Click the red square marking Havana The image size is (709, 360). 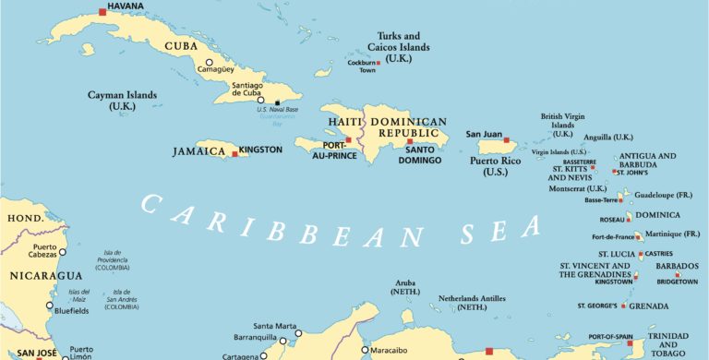[102, 12]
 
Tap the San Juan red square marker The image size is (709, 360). [506, 140]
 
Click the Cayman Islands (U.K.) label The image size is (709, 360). [122, 101]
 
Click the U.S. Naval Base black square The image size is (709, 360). [277, 102]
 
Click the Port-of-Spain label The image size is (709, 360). [608, 336]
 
